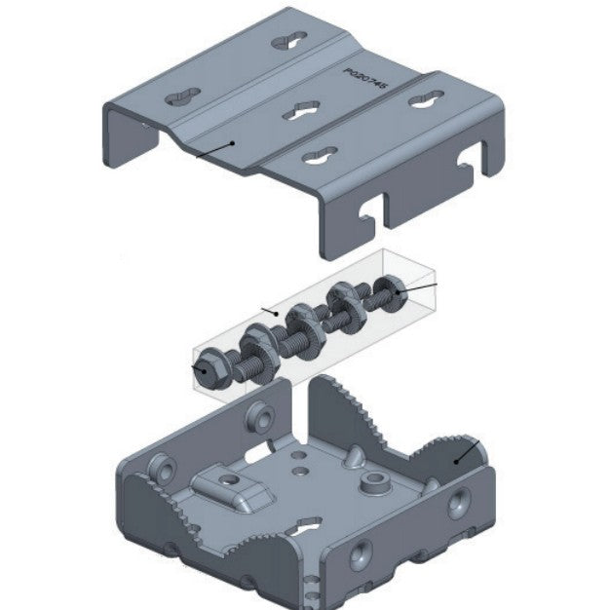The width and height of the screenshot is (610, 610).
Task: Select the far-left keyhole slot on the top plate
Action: click(182, 98)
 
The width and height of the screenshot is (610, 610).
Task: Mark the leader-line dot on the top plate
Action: click(232, 143)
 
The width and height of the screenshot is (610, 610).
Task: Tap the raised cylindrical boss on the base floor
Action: click(371, 482)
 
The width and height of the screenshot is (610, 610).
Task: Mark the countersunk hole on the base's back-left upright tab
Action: click(258, 415)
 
